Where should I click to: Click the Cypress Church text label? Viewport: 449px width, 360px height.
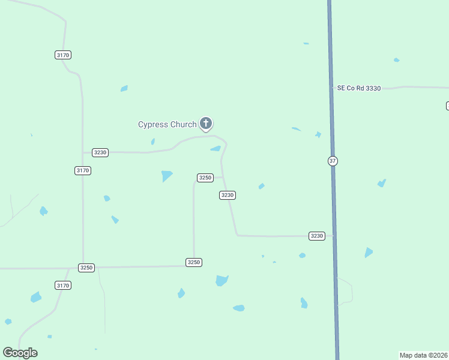click(x=167, y=125)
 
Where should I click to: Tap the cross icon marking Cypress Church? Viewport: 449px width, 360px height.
click(x=206, y=124)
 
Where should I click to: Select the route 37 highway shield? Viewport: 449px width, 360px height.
click(x=333, y=161)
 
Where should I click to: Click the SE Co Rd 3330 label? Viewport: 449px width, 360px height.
click(x=359, y=88)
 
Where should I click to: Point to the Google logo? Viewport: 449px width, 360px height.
click(x=20, y=353)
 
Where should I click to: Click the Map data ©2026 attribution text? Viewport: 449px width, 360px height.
click(x=423, y=355)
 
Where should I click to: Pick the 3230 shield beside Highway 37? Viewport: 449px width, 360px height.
click(x=317, y=236)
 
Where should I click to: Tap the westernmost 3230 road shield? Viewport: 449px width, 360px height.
click(x=100, y=152)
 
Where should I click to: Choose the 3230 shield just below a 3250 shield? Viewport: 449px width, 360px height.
click(x=227, y=195)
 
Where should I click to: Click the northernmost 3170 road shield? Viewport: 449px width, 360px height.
click(x=63, y=55)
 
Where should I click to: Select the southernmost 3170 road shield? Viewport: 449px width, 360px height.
click(x=63, y=285)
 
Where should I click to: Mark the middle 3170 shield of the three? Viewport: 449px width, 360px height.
click(x=83, y=170)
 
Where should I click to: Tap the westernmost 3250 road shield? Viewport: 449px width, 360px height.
click(x=86, y=268)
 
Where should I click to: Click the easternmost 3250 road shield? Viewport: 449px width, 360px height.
click(x=205, y=178)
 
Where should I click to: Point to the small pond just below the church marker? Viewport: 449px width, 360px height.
click(x=215, y=149)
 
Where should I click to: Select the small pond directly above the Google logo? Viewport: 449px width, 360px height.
click(x=8, y=322)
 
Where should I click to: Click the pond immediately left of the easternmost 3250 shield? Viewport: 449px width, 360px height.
click(x=167, y=176)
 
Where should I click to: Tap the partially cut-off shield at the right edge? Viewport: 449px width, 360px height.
click(x=447, y=106)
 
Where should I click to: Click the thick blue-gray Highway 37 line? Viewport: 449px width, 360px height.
click(x=332, y=120)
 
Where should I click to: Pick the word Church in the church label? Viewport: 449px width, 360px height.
click(x=182, y=125)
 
